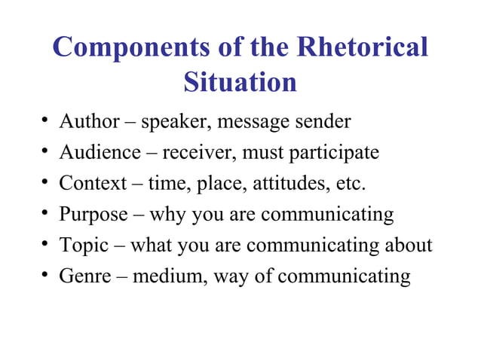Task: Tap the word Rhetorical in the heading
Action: pos(363,48)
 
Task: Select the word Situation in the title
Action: pos(240,82)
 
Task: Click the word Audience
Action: pos(100,152)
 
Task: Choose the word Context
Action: pos(93,183)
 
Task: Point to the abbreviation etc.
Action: pos(351,183)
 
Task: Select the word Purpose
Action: pos(93,215)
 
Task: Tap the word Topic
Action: pos(83,246)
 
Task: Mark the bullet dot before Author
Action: pos(46,121)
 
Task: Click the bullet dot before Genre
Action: pos(46,276)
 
